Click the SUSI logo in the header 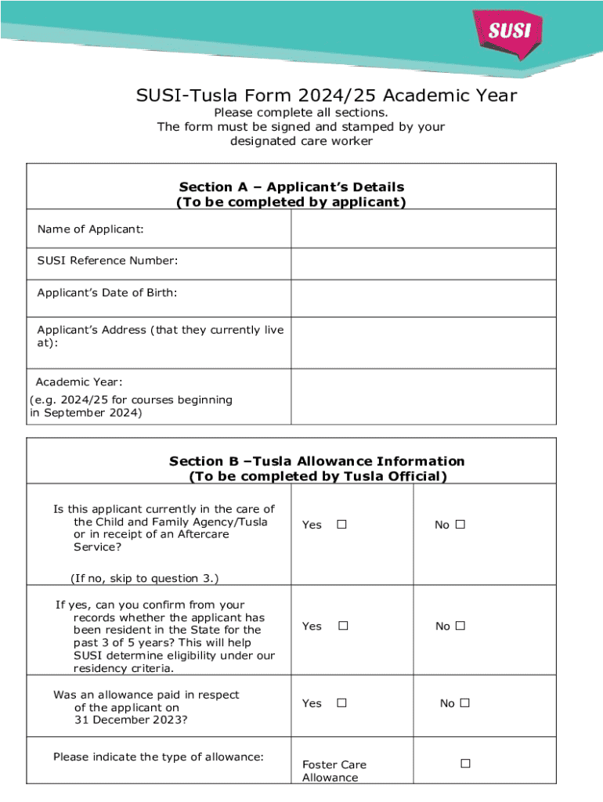(x=510, y=31)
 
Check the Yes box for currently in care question (x=341, y=525)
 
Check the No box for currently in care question (x=460, y=525)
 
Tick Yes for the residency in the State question (x=342, y=626)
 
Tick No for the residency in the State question (x=460, y=626)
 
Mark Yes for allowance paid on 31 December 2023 (x=341, y=703)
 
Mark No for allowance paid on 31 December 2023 (x=464, y=703)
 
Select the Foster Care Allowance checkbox (x=465, y=763)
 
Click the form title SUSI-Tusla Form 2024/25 (x=327, y=96)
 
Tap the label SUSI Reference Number (x=107, y=260)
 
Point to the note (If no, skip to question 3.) (x=144, y=578)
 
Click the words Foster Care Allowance (x=334, y=771)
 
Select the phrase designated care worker (x=301, y=141)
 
